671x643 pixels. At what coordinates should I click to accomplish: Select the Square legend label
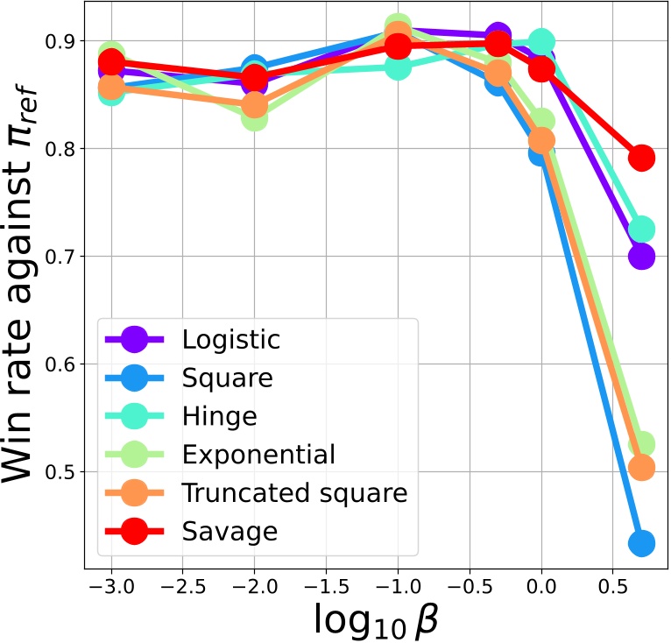pos(227,378)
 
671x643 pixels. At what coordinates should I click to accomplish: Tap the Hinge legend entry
pos(219,417)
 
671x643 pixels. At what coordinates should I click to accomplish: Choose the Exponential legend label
pos(258,456)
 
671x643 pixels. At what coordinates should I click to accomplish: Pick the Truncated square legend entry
pos(294,493)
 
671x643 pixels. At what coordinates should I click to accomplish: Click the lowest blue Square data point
pos(641,544)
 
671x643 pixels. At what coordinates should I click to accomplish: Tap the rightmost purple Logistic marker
pos(641,257)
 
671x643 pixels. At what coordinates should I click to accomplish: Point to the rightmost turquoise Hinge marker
pos(641,230)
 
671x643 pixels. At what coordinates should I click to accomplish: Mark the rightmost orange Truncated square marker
pos(641,468)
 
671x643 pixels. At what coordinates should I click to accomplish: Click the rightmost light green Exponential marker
pos(641,445)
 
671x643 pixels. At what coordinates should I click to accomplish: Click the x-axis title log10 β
pos(376,621)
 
